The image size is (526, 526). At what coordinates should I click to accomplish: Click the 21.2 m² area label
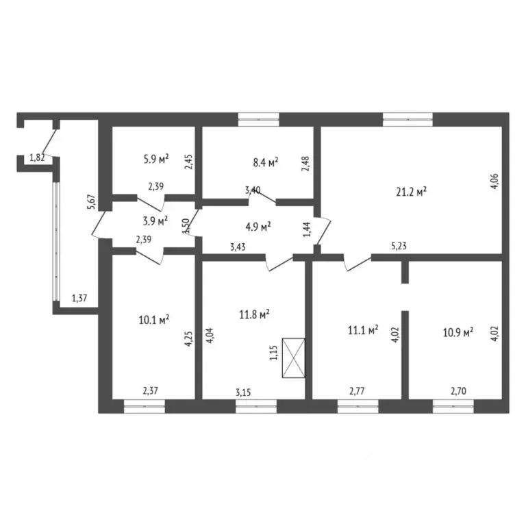[411, 192]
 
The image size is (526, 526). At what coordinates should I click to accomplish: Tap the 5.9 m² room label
[156, 159]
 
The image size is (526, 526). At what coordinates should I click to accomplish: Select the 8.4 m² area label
[266, 162]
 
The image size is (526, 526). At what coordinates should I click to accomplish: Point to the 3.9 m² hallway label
[155, 221]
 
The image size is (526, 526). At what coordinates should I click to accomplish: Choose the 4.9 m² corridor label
[258, 227]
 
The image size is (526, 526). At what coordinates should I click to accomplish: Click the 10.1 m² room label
[154, 319]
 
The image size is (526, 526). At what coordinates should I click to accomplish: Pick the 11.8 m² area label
[255, 314]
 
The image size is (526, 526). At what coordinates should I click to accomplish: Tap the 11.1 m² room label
[363, 330]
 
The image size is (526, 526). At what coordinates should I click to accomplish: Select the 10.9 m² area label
[458, 332]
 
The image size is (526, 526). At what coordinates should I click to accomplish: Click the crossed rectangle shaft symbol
[294, 358]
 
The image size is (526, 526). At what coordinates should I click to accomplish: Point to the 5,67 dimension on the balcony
[92, 202]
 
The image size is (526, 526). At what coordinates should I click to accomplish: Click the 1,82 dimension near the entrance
[37, 158]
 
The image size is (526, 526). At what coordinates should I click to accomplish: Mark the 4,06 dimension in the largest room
[494, 181]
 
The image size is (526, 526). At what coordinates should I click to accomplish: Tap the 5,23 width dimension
[399, 246]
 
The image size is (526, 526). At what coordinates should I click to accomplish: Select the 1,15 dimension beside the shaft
[274, 353]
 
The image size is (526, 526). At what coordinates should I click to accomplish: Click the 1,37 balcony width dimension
[79, 298]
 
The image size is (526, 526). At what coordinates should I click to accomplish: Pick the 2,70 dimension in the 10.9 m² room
[458, 391]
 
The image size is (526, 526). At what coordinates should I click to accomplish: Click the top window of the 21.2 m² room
[408, 119]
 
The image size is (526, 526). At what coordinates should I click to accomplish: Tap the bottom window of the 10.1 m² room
[145, 406]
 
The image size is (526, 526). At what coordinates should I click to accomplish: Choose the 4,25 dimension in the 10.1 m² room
[189, 339]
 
